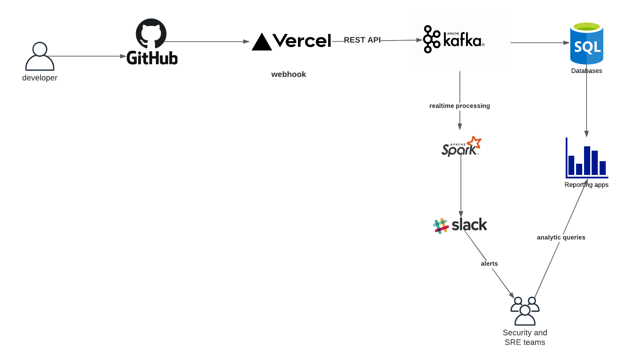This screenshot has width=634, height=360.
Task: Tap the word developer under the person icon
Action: click(x=40, y=78)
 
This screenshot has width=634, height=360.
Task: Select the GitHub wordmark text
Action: click(x=152, y=58)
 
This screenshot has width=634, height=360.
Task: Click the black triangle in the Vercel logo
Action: click(x=261, y=42)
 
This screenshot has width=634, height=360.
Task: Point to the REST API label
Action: click(x=362, y=40)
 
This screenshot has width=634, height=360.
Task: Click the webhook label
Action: click(x=289, y=74)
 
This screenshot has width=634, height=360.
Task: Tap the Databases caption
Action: click(x=587, y=71)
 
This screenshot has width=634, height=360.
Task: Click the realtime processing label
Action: click(x=459, y=106)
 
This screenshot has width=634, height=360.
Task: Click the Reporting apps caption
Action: click(x=586, y=185)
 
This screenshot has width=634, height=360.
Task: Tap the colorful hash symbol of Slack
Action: click(x=441, y=226)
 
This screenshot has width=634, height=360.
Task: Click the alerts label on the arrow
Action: click(x=489, y=264)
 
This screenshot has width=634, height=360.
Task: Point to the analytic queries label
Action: click(x=561, y=237)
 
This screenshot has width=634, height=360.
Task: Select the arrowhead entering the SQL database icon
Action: click(x=567, y=43)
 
